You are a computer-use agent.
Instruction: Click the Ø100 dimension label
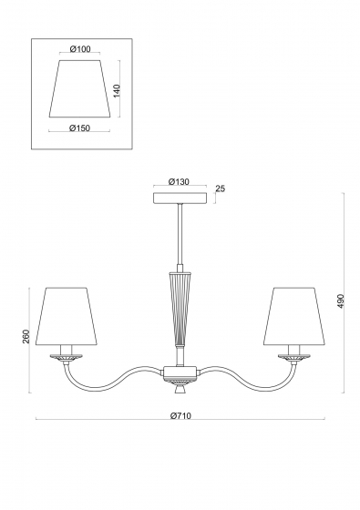point(80,49)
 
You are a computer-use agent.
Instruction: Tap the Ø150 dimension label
point(79,128)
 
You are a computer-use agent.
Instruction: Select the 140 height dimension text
point(117,91)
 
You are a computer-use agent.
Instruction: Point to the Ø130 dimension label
point(179,182)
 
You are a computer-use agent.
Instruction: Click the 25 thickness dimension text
point(221,189)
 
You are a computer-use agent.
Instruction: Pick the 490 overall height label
point(341,301)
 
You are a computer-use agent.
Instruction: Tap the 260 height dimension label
point(26,336)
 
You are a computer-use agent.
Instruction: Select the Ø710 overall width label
point(180,415)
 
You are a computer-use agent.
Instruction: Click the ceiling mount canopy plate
point(180,199)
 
